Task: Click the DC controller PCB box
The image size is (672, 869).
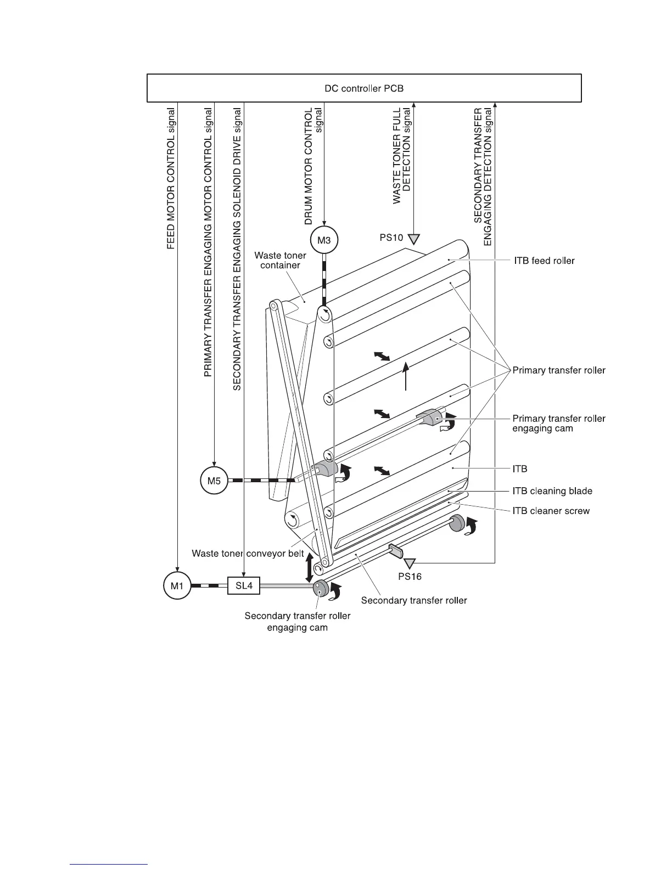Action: (364, 88)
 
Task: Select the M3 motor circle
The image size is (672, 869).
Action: (324, 240)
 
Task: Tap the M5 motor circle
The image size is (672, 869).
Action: (214, 481)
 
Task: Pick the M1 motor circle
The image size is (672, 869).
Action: (177, 585)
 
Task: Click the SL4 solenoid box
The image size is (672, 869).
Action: (244, 585)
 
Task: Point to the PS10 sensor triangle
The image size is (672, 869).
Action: (415, 239)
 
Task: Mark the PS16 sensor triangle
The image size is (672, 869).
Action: (410, 563)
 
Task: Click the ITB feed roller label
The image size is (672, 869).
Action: (544, 261)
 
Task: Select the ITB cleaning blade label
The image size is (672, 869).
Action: (552, 491)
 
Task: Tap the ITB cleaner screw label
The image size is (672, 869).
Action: (551, 511)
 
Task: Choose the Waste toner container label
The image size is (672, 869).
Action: (280, 260)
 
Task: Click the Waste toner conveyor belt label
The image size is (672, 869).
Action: (248, 554)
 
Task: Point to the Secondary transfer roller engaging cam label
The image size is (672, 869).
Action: (298, 621)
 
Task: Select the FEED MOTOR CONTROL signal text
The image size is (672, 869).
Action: (171, 178)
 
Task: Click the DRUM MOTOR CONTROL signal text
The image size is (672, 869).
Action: (313, 166)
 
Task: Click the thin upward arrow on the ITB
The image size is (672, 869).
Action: (405, 376)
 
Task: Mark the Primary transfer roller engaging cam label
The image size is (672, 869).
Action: (559, 423)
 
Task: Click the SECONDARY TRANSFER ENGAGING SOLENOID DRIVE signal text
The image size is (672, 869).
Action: (237, 248)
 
